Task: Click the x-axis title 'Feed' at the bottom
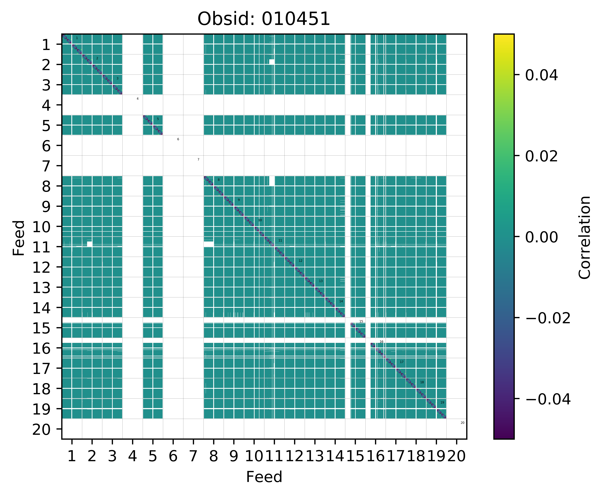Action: click(264, 477)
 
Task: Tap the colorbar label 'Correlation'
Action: click(584, 237)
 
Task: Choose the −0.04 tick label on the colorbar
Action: click(548, 399)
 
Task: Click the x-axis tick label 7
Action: click(193, 456)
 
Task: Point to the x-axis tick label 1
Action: click(72, 456)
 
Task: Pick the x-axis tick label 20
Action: click(456, 456)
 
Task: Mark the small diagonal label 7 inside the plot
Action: click(198, 159)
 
